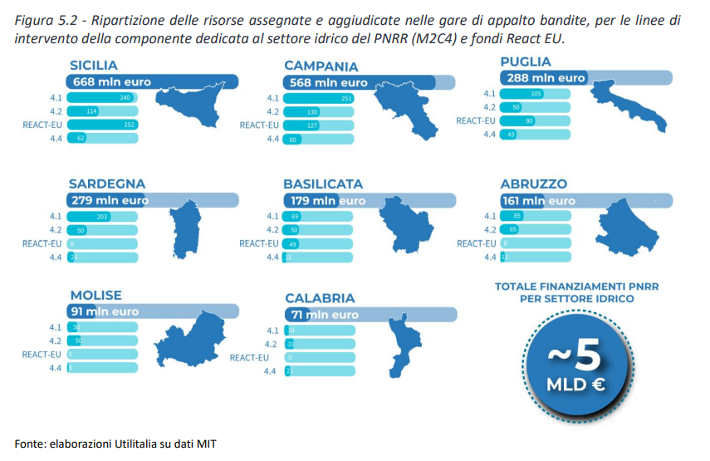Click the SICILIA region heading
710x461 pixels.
tap(94, 66)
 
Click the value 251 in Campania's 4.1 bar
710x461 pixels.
tap(347, 99)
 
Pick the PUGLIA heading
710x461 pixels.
tap(526, 61)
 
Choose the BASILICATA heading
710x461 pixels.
tap(323, 184)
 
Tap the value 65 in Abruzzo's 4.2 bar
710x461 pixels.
tap(514, 230)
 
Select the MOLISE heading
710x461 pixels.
tap(95, 295)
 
